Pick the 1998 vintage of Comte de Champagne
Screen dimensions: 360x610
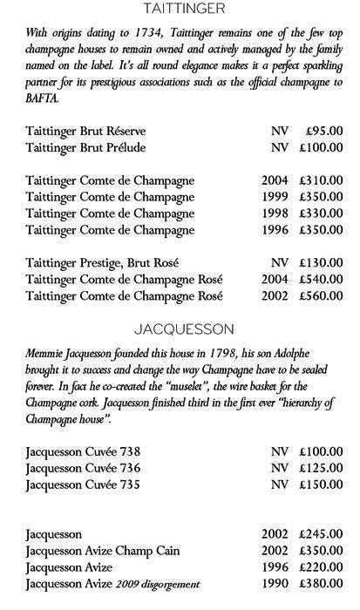tap(275, 213)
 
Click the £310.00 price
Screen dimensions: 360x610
tap(320, 180)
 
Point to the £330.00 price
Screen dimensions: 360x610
tap(320, 213)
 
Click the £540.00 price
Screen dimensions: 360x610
tap(320, 279)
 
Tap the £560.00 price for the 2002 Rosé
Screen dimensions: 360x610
tap(320, 295)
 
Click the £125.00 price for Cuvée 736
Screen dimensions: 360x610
tap(320, 468)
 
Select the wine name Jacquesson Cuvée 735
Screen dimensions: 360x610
tap(83, 485)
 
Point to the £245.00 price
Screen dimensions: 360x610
tap(320, 534)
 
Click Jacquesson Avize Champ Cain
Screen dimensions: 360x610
tap(104, 551)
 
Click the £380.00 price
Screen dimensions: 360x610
tap(320, 584)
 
